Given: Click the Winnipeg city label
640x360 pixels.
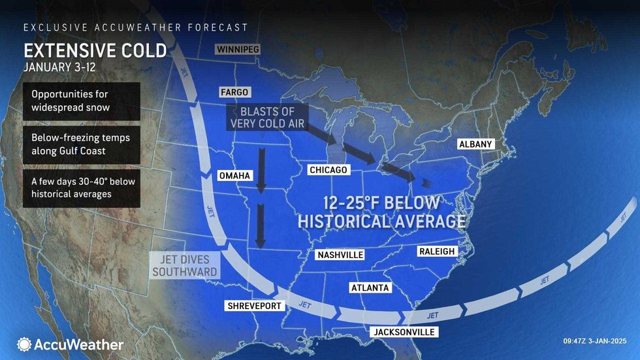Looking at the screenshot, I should pos(238,50).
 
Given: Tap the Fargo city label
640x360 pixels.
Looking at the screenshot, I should pos(234,93).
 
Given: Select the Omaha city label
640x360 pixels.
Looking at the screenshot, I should pos(233,175).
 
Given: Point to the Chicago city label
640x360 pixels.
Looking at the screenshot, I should pos(328,171).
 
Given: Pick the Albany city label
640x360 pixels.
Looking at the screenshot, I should pos(475,144).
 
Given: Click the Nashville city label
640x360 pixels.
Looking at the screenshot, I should pos(340,255).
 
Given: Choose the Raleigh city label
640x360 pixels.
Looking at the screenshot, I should pos(436,252).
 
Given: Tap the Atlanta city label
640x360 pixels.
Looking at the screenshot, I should pos(370,287).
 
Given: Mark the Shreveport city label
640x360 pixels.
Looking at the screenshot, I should pos(254,306).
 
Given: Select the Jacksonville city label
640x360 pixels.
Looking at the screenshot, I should pos(404,332).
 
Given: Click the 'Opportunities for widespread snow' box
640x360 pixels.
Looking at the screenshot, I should pos(81,101).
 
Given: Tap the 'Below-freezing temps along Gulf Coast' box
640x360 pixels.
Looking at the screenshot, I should pos(81,144).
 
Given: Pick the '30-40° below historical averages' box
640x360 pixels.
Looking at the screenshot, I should pos(81,188).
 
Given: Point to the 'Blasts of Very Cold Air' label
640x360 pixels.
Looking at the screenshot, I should pos(266,116).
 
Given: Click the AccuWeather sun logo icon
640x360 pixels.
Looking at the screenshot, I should pos(24,344).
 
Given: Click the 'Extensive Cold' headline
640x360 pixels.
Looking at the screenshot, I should pos(95,51).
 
